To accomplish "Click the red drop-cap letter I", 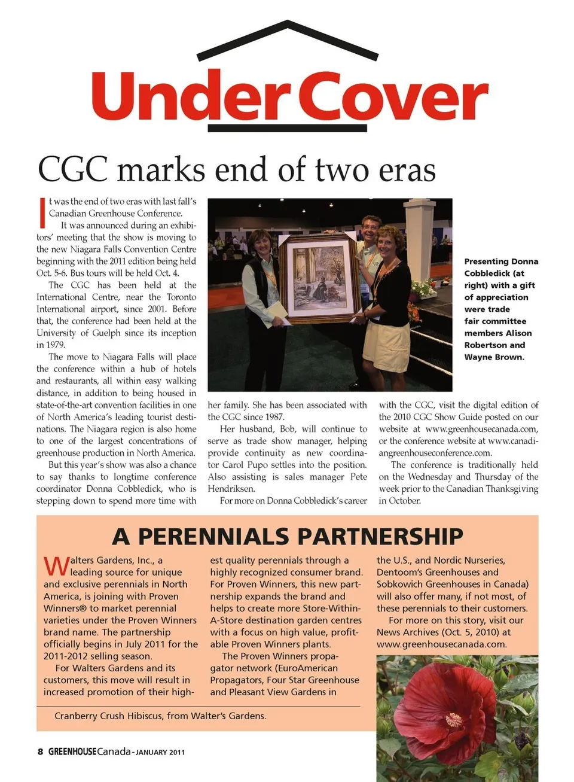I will tap(42, 212).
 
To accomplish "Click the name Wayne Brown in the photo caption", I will tap(494, 357).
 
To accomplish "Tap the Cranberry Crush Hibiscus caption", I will tap(160, 716).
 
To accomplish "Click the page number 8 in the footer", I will tap(40, 752).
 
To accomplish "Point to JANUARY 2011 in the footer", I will tap(160, 753).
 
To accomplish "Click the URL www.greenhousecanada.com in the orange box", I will tap(441, 644).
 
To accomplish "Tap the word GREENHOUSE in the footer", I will tap(72, 752).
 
